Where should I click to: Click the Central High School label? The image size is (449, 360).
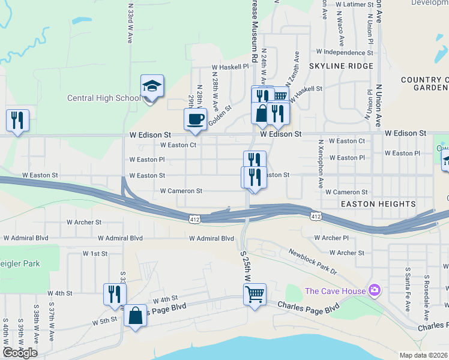click(103, 98)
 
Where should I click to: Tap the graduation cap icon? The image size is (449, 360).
click(152, 86)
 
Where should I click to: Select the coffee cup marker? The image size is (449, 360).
click(195, 119)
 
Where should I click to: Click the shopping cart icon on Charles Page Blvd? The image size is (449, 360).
click(255, 295)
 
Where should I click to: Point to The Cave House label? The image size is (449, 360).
click(335, 292)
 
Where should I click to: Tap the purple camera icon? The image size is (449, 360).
click(375, 291)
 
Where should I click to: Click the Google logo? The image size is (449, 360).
click(20, 353)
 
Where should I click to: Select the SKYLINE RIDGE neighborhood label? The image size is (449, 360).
click(341, 66)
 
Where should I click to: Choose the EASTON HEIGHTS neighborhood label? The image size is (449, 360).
click(378, 204)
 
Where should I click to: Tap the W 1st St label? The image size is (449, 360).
click(95, 254)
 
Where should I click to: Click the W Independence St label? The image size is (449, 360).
click(345, 52)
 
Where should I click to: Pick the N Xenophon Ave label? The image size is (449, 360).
click(321, 163)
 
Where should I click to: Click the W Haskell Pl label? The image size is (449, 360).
click(230, 67)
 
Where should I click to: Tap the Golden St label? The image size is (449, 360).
click(220, 117)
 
